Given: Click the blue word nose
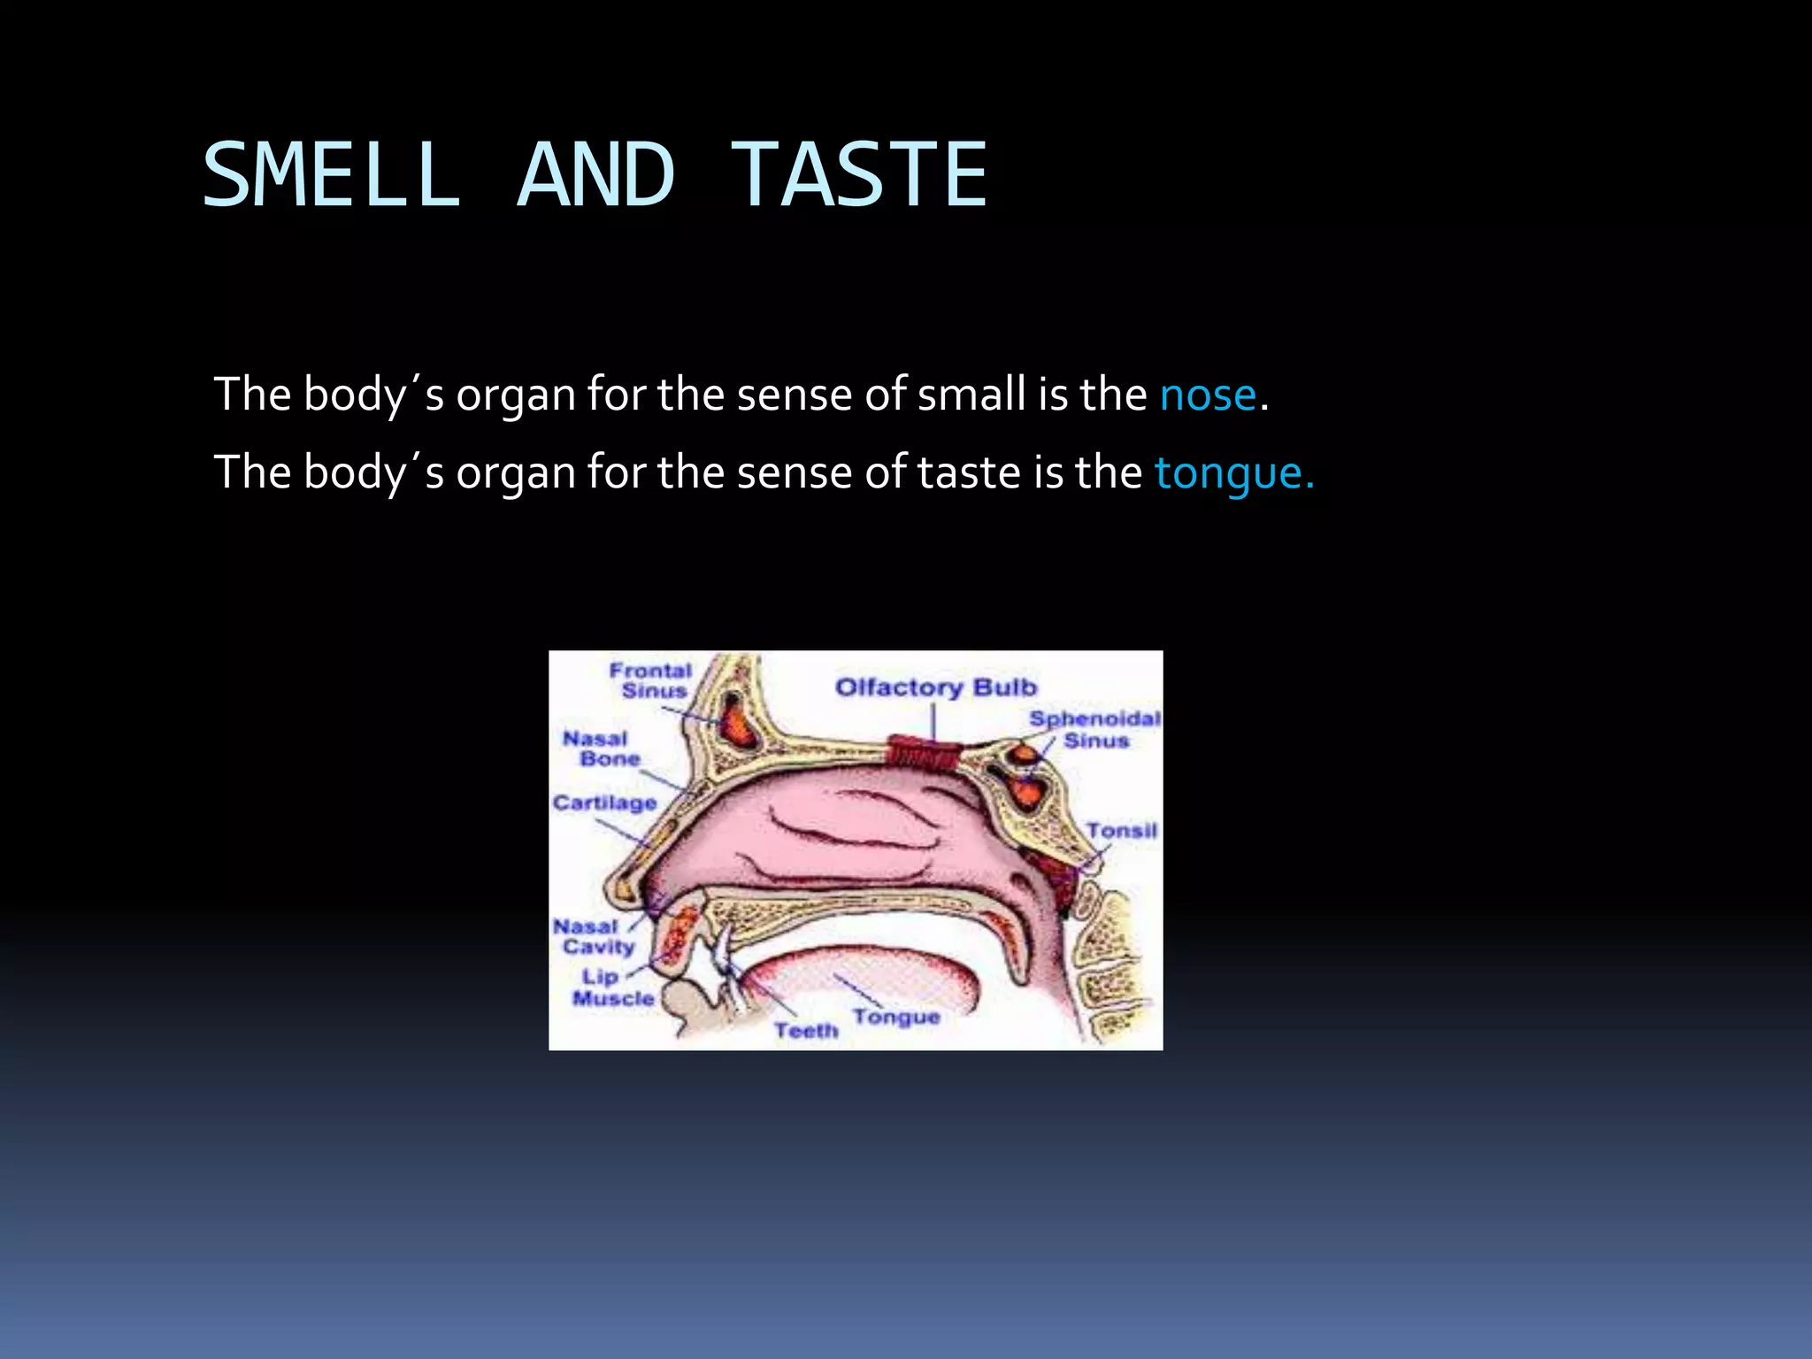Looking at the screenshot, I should click(1208, 395).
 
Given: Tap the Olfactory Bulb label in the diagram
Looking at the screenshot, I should click(935, 687).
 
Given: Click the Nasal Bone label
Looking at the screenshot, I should click(601, 749).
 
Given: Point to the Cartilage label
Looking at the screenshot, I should click(604, 802).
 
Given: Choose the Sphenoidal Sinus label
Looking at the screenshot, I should click(1094, 730).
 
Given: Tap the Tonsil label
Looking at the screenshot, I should click(1121, 831).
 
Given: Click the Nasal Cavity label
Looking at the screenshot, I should click(594, 937).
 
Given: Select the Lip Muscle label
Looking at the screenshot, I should click(612, 987).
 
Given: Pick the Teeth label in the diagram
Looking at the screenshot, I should click(805, 1031).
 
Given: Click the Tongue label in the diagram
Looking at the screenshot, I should click(895, 1017).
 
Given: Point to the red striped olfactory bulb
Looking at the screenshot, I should click(924, 754).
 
